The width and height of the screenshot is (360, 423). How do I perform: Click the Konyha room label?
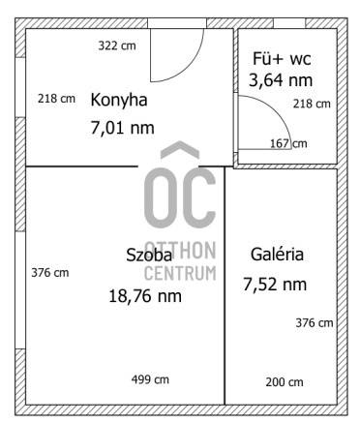[119, 101]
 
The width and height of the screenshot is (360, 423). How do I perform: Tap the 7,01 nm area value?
[123, 128]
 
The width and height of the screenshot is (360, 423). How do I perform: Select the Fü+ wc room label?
[282, 59]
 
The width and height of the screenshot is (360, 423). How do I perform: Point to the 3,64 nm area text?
[281, 80]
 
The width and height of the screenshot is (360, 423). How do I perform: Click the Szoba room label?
[149, 255]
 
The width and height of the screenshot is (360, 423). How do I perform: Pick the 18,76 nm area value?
[145, 296]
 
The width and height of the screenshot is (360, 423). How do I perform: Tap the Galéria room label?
[277, 255]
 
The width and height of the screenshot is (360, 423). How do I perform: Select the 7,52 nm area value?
[275, 285]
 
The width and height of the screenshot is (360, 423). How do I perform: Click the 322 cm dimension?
[117, 45]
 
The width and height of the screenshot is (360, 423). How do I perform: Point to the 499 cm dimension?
[150, 379]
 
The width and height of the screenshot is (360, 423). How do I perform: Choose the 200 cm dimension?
[285, 382]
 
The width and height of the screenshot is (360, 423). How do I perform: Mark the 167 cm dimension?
[288, 143]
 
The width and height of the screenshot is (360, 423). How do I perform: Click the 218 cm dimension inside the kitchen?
[56, 99]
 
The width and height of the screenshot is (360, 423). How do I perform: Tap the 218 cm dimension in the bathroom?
[312, 104]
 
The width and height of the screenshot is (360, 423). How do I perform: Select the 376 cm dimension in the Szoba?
[50, 273]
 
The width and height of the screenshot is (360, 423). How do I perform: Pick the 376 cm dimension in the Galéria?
[315, 323]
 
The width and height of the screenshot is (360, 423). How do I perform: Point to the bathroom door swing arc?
[277, 111]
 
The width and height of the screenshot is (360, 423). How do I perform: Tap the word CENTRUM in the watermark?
[180, 273]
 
